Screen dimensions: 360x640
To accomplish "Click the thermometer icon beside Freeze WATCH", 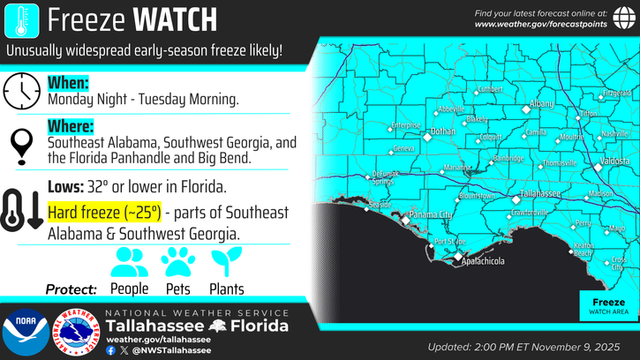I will click(20, 19).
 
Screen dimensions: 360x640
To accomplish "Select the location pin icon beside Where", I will click(20, 145).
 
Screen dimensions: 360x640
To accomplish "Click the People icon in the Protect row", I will click(130, 261).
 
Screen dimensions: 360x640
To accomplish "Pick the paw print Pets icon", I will click(177, 261).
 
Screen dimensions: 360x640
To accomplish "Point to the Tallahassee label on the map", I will click(540, 192).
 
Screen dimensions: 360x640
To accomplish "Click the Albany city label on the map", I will click(543, 104).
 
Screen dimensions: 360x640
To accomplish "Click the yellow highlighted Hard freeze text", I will click(104, 213).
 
